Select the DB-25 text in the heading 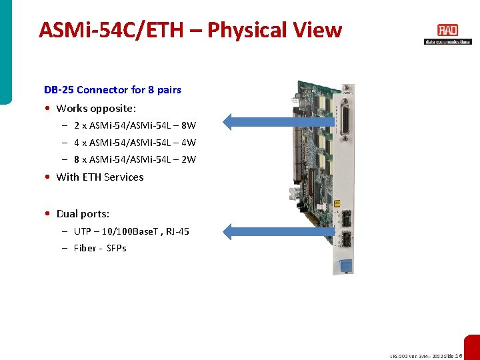[x=59, y=89]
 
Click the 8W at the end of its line [x=188, y=125]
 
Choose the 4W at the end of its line [x=188, y=143]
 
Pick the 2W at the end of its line [x=188, y=160]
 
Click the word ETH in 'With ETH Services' [x=92, y=177]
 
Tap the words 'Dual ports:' [x=83, y=214]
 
